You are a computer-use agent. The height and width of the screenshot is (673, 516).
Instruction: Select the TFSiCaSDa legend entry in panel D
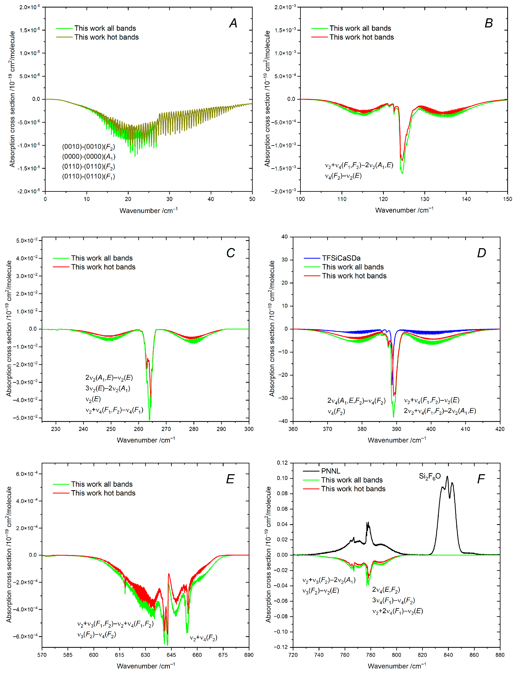tap(341, 258)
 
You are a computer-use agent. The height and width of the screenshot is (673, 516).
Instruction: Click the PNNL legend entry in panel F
tap(331, 471)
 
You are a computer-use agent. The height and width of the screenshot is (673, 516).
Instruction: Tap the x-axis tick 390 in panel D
tap(396, 429)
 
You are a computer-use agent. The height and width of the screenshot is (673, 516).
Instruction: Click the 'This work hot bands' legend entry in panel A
tap(106, 37)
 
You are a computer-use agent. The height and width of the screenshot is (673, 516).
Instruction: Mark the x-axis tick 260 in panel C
tap(138, 429)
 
